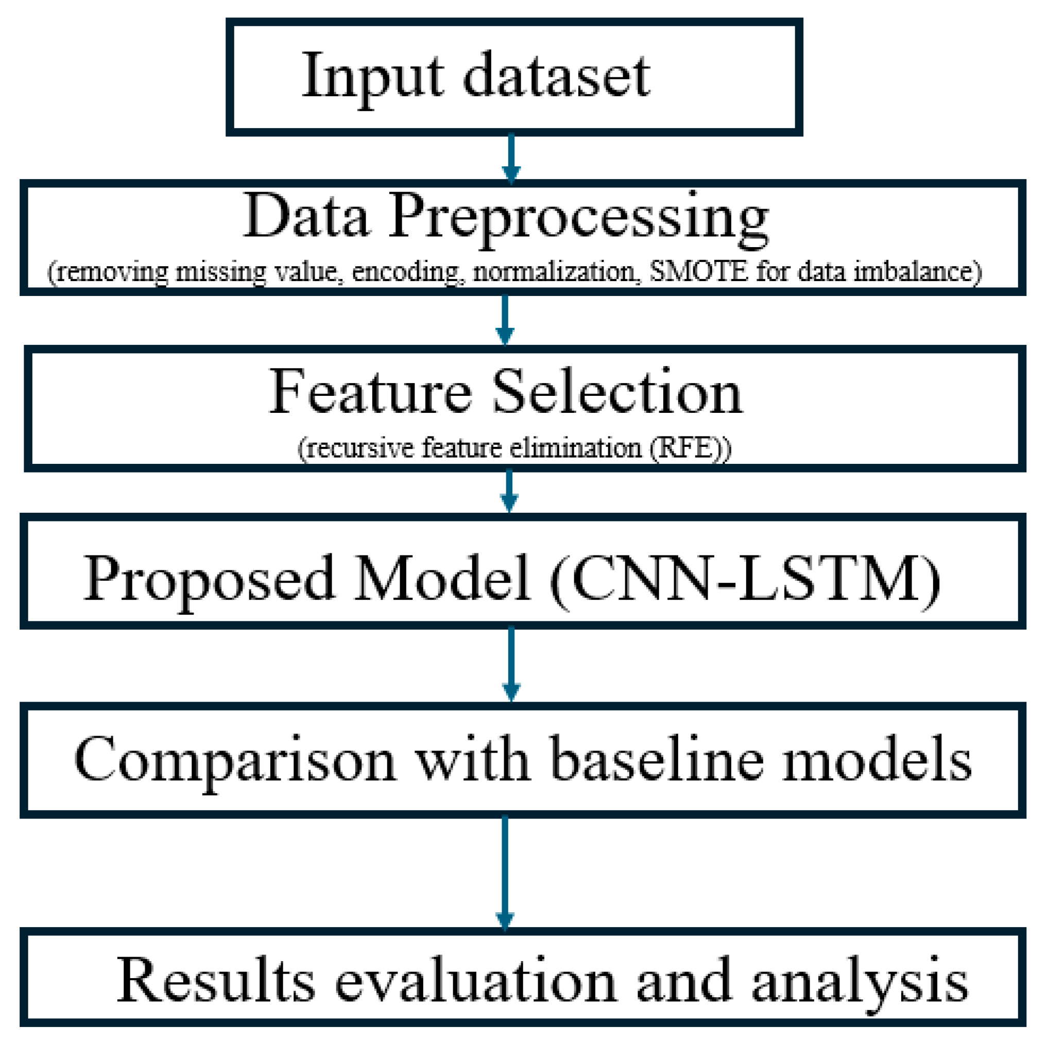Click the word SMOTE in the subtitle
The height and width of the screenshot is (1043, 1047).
tap(698, 271)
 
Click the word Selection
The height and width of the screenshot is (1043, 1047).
tap(617, 391)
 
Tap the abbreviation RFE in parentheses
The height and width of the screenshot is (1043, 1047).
tap(684, 448)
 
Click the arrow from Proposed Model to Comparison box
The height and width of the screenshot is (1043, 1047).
tap(511, 664)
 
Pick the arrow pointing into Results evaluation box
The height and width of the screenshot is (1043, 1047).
tap(505, 872)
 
